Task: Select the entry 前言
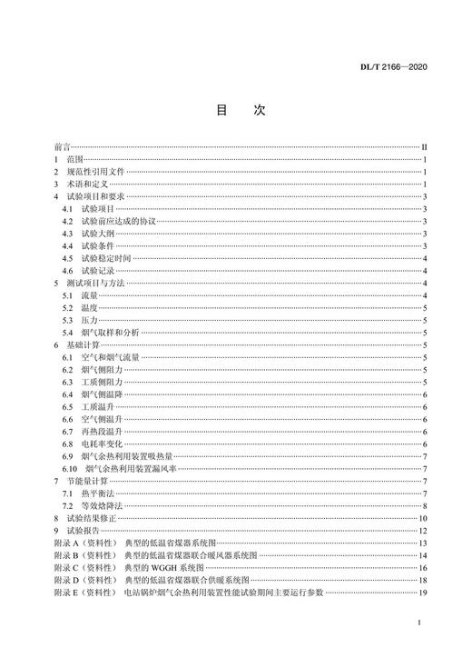pos(61,146)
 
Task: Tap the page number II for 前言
pos(424,146)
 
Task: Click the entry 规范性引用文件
pos(98,171)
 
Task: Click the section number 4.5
pos(68,258)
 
